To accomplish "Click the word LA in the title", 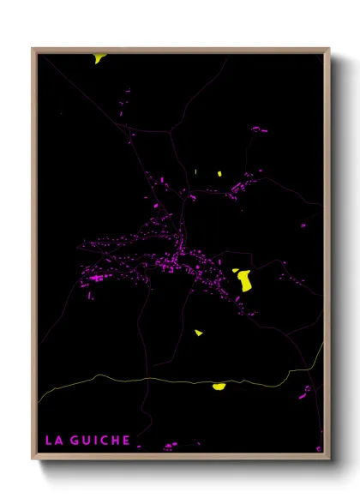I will click(x=53, y=441).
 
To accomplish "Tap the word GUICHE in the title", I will click(x=100, y=441).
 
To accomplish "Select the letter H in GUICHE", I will click(x=114, y=441).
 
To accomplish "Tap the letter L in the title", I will click(x=49, y=441).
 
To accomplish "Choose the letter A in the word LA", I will click(x=58, y=441).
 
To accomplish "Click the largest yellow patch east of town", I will click(x=244, y=279).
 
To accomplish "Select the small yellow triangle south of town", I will click(x=199, y=333).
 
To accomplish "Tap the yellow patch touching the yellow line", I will click(x=219, y=387).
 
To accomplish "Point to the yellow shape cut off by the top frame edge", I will click(x=100, y=58).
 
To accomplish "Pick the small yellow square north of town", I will click(x=219, y=174).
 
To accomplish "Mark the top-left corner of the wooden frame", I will click(x=33, y=49).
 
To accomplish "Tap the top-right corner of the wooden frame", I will click(x=329, y=49).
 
